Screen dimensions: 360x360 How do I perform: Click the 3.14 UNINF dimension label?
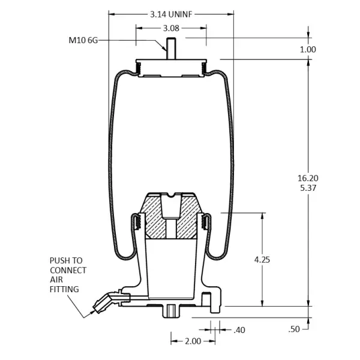pyautogui.click(x=171, y=14)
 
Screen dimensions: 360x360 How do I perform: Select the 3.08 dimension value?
pyautogui.click(x=171, y=28)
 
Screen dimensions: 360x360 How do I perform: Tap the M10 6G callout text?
pyautogui.click(x=83, y=40)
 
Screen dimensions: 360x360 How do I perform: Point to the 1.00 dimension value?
pyautogui.click(x=308, y=49)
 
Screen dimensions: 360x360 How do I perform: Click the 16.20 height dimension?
pyautogui.click(x=308, y=178)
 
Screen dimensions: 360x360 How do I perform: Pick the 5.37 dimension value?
pyautogui.click(x=308, y=188)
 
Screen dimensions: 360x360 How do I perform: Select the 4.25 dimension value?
pyautogui.click(x=262, y=260)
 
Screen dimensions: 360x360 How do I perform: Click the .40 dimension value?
pyautogui.click(x=239, y=330)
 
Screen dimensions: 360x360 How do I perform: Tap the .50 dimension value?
pyautogui.click(x=294, y=329)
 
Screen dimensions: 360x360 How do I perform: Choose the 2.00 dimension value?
pyautogui.click(x=193, y=341)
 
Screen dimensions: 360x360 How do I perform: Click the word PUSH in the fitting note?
pyautogui.click(x=58, y=260)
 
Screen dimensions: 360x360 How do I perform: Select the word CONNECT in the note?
pyautogui.click(x=68, y=270)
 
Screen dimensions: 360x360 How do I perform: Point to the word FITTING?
pyautogui.click(x=64, y=289)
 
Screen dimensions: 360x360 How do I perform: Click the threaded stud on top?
pyautogui.click(x=171, y=49)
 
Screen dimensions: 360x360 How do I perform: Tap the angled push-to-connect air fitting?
pyautogui.click(x=108, y=301)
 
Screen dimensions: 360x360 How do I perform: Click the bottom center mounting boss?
pyautogui.click(x=171, y=311)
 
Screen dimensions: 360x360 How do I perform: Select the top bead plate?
pyautogui.click(x=171, y=68)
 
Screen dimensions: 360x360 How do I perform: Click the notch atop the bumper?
pyautogui.click(x=171, y=195)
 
